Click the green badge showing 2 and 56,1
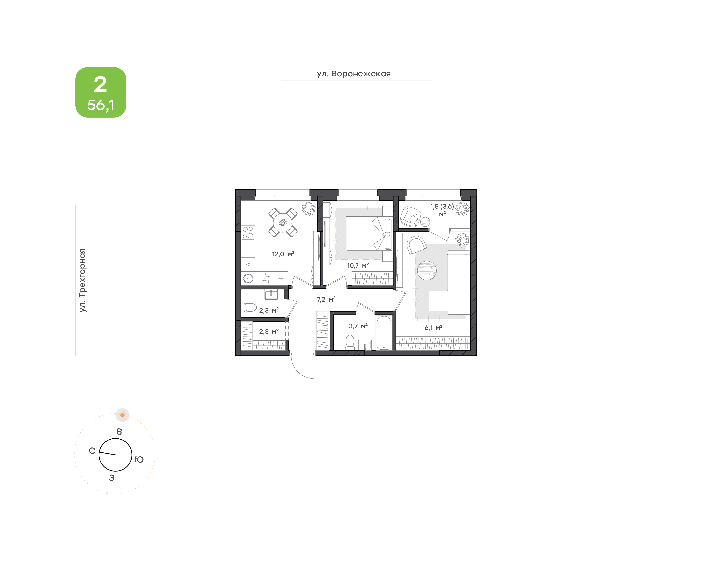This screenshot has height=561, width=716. (x=101, y=92)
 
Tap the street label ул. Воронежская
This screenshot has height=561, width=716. (x=354, y=74)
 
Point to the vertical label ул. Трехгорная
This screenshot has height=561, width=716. (x=82, y=280)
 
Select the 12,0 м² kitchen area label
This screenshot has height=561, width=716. (x=283, y=254)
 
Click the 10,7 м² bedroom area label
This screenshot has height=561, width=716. (x=358, y=265)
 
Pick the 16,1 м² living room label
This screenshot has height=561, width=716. (x=432, y=328)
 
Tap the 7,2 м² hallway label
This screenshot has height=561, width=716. (x=326, y=299)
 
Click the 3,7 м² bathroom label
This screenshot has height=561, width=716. (x=358, y=326)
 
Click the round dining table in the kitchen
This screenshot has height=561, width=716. (x=283, y=223)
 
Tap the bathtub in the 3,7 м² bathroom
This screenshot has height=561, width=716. (x=384, y=332)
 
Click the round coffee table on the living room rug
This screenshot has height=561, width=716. (x=427, y=270)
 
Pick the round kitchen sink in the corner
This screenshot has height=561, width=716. (x=248, y=279)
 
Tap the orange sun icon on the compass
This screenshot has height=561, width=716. (x=122, y=415)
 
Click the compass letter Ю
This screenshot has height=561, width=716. (x=139, y=459)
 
